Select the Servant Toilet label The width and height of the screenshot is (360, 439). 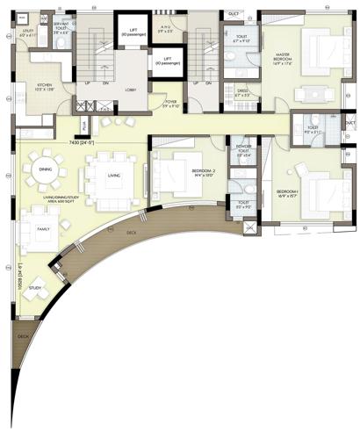coord(61,28)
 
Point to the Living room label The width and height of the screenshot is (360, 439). coord(114,176)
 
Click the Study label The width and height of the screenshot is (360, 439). coord(35,287)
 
